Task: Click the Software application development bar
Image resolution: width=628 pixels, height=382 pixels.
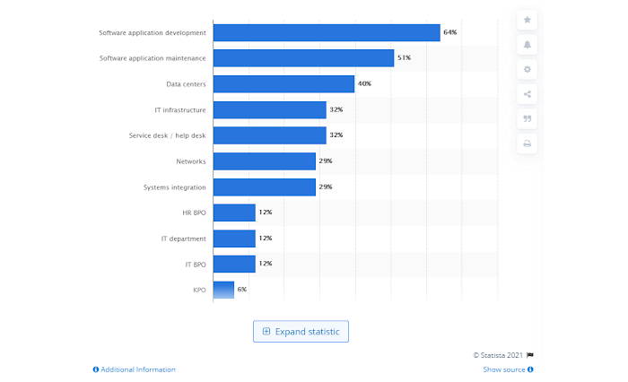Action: point(326,32)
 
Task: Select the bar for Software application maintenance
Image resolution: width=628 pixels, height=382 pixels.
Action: point(303,58)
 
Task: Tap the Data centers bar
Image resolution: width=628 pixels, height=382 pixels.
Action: point(283,84)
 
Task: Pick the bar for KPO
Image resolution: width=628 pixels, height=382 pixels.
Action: point(223,290)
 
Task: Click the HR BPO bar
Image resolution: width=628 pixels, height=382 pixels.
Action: point(234,213)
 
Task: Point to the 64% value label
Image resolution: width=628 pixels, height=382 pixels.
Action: point(449,32)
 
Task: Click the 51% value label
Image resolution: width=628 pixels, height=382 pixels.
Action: point(404,58)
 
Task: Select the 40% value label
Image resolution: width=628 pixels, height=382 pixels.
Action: point(364,84)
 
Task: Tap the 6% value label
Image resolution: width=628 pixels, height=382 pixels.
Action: point(241,290)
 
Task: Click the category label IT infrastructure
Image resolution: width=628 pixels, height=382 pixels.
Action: point(179,109)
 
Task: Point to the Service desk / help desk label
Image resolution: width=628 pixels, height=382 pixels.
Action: point(167,135)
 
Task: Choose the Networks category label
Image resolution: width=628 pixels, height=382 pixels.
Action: point(191,161)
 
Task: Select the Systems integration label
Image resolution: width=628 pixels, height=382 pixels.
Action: point(174,187)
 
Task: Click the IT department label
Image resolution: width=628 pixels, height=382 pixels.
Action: point(183,239)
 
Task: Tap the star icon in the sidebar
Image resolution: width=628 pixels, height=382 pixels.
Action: point(528,20)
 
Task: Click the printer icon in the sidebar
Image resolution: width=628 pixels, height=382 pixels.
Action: point(528,143)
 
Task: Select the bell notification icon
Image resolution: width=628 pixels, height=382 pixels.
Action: point(528,45)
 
